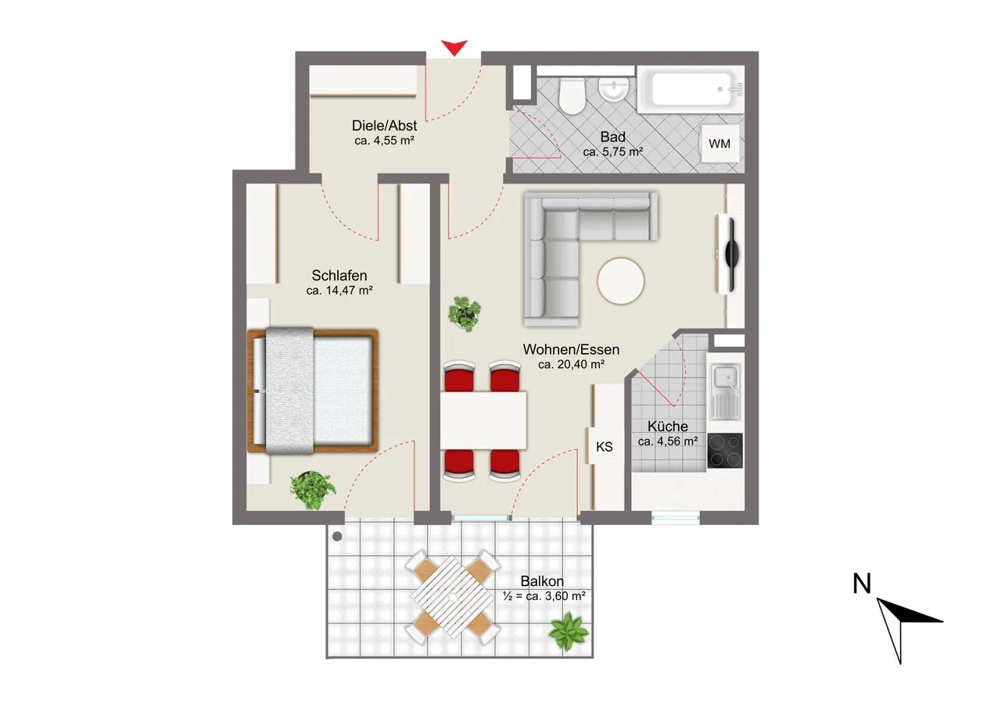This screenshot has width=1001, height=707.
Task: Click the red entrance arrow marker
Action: click(x=454, y=47)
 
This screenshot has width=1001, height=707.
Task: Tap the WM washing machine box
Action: click(x=719, y=144)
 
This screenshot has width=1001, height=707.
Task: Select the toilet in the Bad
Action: click(x=572, y=96)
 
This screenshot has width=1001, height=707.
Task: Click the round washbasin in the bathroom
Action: click(x=614, y=90)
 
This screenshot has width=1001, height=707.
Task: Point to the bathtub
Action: click(x=691, y=89)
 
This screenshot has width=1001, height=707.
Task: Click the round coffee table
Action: click(x=621, y=281)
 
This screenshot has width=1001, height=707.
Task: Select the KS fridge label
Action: click(x=605, y=447)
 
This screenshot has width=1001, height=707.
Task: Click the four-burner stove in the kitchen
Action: click(x=725, y=450)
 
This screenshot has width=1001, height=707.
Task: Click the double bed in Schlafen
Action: click(x=313, y=391)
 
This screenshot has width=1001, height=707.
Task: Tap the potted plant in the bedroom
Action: click(x=312, y=490)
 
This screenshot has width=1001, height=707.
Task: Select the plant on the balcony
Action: click(x=569, y=631)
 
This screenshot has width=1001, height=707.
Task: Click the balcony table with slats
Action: click(x=452, y=597)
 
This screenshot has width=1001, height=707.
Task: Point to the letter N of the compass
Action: click(x=862, y=584)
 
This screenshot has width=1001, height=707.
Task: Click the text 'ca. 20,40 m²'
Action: click(x=571, y=365)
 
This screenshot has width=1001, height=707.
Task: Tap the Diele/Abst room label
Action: click(x=384, y=126)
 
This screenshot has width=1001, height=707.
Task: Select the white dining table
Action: click(x=483, y=420)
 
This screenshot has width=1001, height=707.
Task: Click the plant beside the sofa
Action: click(x=465, y=314)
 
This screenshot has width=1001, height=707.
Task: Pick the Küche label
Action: click(x=668, y=427)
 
